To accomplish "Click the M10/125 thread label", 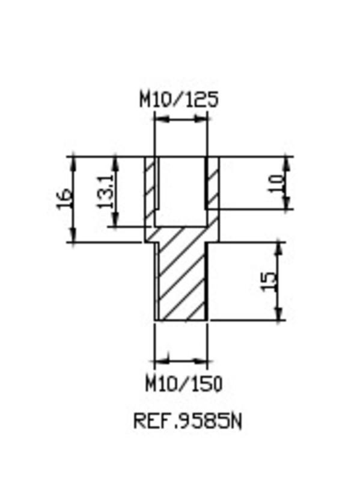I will click(x=178, y=99).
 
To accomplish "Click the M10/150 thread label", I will click(x=184, y=383).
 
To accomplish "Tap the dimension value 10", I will click(x=276, y=182).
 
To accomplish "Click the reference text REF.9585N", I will click(x=187, y=421).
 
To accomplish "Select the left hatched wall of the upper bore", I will click(x=150, y=186).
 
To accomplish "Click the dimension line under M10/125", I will click(x=180, y=120).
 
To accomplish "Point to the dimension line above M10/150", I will click(x=181, y=362).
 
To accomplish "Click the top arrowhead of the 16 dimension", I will click(x=73, y=161).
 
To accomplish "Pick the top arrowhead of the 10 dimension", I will click(x=287, y=161).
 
